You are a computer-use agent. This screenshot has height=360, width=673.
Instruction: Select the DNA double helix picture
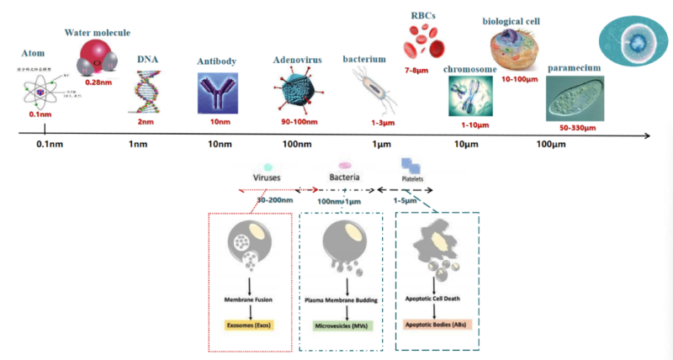click(146, 90)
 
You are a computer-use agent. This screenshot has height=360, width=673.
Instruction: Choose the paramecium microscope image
click(575, 96)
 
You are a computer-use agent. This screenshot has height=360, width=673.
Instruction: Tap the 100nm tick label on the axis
click(298, 145)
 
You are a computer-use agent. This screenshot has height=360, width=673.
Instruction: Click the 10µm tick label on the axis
click(467, 145)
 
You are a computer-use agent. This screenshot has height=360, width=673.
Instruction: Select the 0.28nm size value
click(99, 83)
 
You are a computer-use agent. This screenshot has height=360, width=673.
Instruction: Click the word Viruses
click(266, 179)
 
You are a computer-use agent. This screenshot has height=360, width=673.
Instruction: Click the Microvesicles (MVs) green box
click(343, 324)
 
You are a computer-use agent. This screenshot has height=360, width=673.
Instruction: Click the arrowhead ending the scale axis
click(645, 135)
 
